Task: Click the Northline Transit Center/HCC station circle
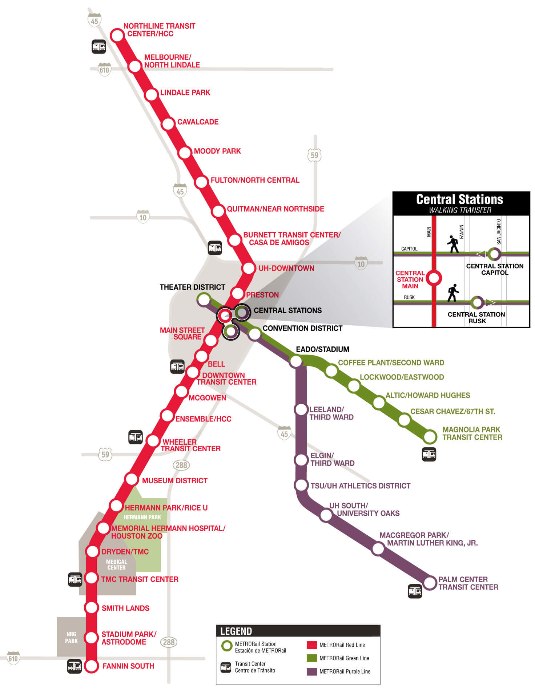click(x=117, y=35)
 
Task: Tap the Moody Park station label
click(x=217, y=151)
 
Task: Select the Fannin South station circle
click(x=92, y=666)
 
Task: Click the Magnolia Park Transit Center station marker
click(x=430, y=436)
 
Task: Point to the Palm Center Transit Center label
click(x=468, y=583)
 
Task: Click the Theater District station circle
click(x=204, y=300)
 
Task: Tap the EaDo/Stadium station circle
click(x=296, y=361)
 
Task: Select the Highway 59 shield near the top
click(x=314, y=155)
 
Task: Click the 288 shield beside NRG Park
click(x=169, y=642)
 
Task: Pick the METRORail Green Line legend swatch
click(x=312, y=658)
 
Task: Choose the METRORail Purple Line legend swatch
click(x=312, y=671)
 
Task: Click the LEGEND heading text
click(x=236, y=631)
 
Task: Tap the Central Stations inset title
click(x=459, y=199)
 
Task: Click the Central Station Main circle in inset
click(x=434, y=278)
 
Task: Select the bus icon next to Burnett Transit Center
click(x=215, y=248)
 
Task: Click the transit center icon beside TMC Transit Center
click(x=75, y=579)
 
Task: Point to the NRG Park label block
click(x=71, y=637)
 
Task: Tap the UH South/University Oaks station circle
click(x=326, y=515)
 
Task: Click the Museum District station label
click(x=174, y=481)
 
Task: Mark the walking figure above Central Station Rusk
click(x=453, y=293)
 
